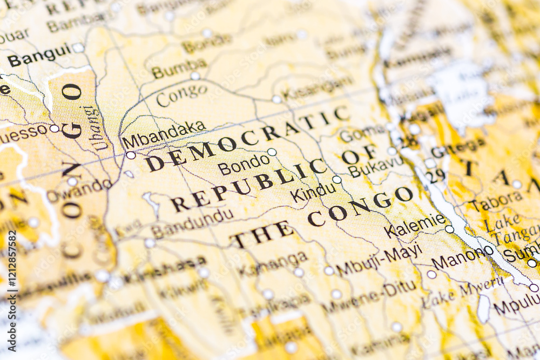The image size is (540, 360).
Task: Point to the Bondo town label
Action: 244,164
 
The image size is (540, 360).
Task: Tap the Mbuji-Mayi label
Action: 379,260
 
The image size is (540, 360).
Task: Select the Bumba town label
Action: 179,69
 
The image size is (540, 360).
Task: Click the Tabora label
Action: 496,200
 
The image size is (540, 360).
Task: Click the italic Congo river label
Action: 181,96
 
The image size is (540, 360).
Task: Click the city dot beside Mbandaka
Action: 131,155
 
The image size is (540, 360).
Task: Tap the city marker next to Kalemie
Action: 449,229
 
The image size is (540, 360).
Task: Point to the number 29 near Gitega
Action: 435,175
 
